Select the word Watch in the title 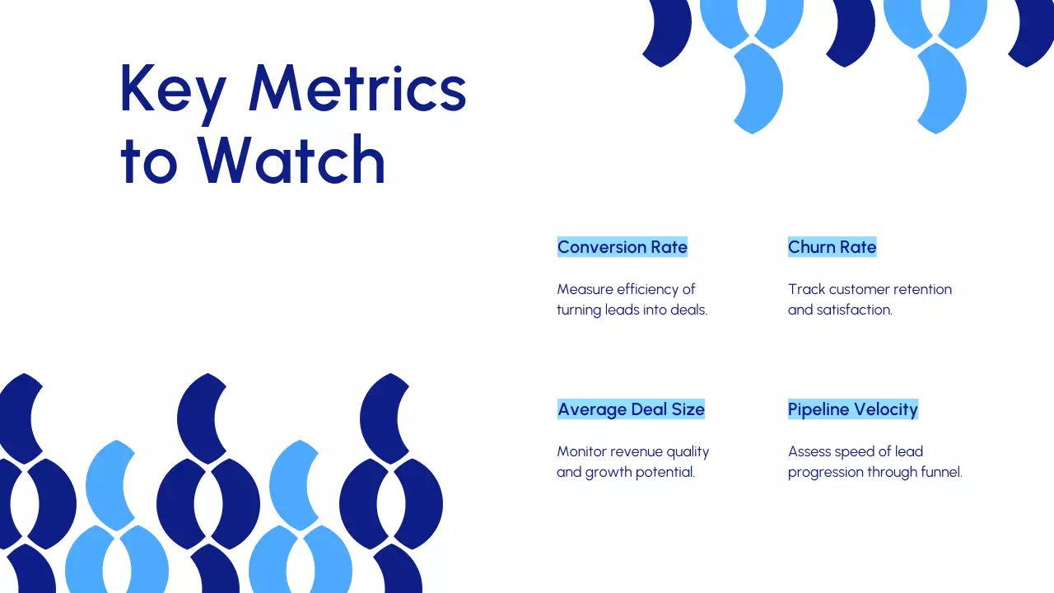coord(291,160)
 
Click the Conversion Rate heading coord(622,247)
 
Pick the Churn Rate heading coord(832,247)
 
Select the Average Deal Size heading coord(631,409)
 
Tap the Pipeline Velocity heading coord(852,409)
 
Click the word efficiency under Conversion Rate coord(647,289)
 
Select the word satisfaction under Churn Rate coord(854,311)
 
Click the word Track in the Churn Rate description coord(806,289)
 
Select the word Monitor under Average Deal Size coord(581,451)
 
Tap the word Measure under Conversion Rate coord(585,289)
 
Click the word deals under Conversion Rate coord(688,311)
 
